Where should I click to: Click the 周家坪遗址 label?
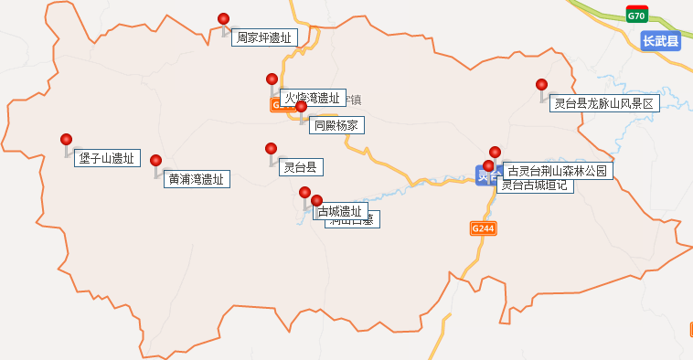pyautogui.click(x=264, y=37)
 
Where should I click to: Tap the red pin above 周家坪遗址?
pyautogui.click(x=223, y=19)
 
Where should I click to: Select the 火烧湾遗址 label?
pyautogui.click(x=312, y=98)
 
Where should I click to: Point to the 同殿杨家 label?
pyautogui.click(x=335, y=125)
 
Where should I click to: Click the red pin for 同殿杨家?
pyautogui.click(x=301, y=107)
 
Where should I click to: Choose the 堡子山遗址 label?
pyautogui.click(x=106, y=158)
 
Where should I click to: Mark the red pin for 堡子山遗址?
pyautogui.click(x=66, y=140)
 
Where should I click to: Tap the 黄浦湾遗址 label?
pyautogui.click(x=197, y=179)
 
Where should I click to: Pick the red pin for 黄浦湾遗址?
pyautogui.click(x=156, y=161)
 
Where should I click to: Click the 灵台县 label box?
pyautogui.click(x=300, y=167)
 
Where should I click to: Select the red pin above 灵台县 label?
pyautogui.click(x=271, y=149)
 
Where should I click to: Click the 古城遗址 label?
pyautogui.click(x=339, y=211)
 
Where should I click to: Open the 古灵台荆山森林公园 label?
pyautogui.click(x=556, y=170)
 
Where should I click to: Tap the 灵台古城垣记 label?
pyautogui.click(x=535, y=185)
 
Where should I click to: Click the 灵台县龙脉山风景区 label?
pyautogui.click(x=604, y=103)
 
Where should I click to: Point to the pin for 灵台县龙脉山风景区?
pyautogui.click(x=541, y=85)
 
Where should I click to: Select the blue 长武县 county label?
pyautogui.click(x=660, y=41)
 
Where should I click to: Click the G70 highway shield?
pyautogui.click(x=637, y=16)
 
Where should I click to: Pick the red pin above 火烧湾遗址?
pyautogui.click(x=272, y=79)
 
